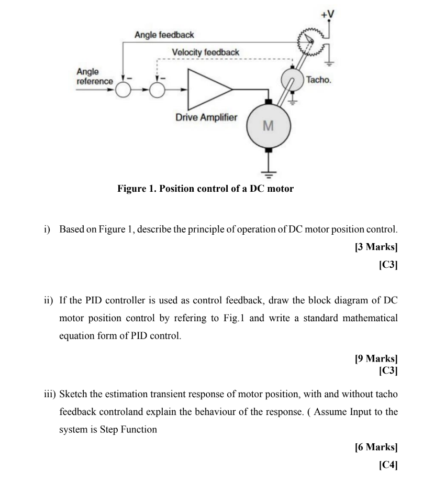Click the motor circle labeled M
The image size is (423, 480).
point(268,126)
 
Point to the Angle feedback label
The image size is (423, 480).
point(164,35)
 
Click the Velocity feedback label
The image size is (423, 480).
point(205,52)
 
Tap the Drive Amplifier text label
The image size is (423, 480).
point(206,117)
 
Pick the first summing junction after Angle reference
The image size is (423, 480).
point(123,90)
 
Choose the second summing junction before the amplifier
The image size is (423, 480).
point(158,90)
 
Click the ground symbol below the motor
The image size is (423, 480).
point(268,176)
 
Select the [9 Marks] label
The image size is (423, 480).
point(376,358)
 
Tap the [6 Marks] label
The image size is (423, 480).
point(376,447)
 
